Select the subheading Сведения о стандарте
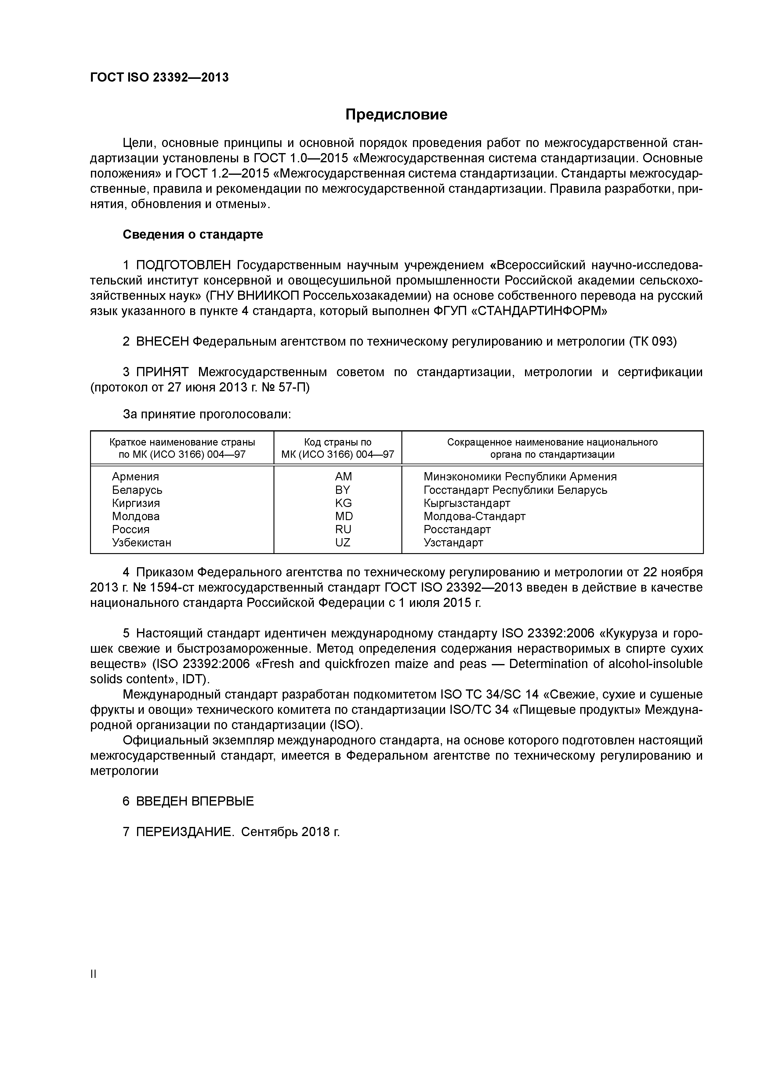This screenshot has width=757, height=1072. [x=193, y=234]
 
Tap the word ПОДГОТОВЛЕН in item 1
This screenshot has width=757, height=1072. [x=183, y=265]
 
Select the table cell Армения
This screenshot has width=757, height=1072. [x=135, y=477]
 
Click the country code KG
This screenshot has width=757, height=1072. [x=343, y=503]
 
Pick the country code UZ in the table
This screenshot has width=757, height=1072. [x=343, y=542]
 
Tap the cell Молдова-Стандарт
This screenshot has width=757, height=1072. [x=474, y=516]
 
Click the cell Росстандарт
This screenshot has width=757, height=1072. [x=457, y=530]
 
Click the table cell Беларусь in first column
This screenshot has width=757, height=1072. [x=137, y=490]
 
